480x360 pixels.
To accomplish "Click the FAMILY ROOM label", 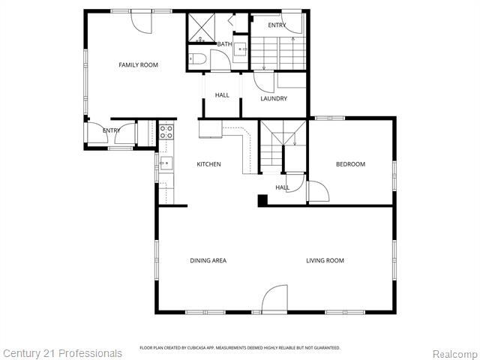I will click(138, 65).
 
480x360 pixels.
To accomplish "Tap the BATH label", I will click(224, 44).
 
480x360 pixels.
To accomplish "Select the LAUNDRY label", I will click(274, 99).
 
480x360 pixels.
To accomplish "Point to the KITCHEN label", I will click(208, 164).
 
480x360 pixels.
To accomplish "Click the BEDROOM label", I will click(350, 164).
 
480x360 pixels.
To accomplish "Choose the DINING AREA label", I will click(208, 261).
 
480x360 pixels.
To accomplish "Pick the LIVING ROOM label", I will click(325, 261).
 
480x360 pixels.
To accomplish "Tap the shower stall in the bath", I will click(200, 29).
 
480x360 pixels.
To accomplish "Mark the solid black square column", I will click(262, 200).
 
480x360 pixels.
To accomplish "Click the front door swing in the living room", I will click(275, 298).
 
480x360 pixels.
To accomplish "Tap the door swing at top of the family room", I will click(142, 20).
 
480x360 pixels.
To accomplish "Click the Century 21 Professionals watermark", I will click(62, 353).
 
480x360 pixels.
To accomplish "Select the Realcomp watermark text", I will click(453, 354).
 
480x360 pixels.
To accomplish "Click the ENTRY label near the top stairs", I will click(277, 25).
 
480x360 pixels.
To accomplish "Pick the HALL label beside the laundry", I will click(222, 95).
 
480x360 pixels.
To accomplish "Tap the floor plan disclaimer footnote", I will click(240, 348).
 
